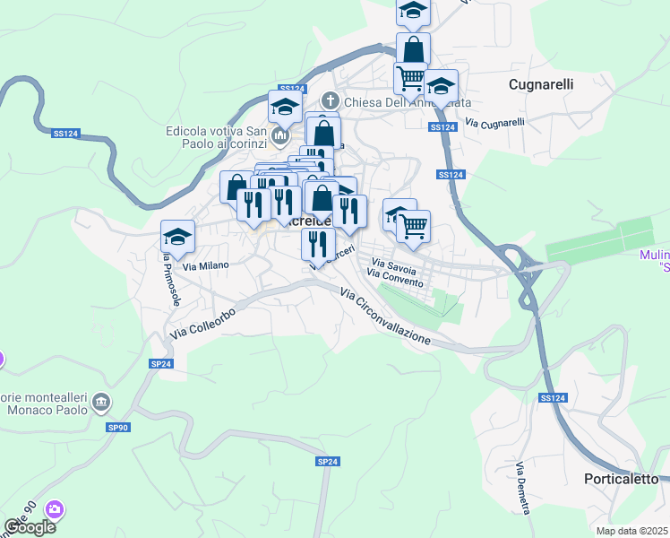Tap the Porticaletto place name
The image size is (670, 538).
click(621, 479)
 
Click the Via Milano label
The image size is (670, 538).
click(206, 265)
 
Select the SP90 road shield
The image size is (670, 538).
click(118, 428)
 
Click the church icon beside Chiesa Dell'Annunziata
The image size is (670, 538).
click(331, 101)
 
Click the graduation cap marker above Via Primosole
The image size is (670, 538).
click(177, 237)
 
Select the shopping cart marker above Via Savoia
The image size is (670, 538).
click(413, 226)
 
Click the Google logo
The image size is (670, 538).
click(30, 527)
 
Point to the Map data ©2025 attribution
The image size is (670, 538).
click(631, 531)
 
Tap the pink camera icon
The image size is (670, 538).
click(56, 509)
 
